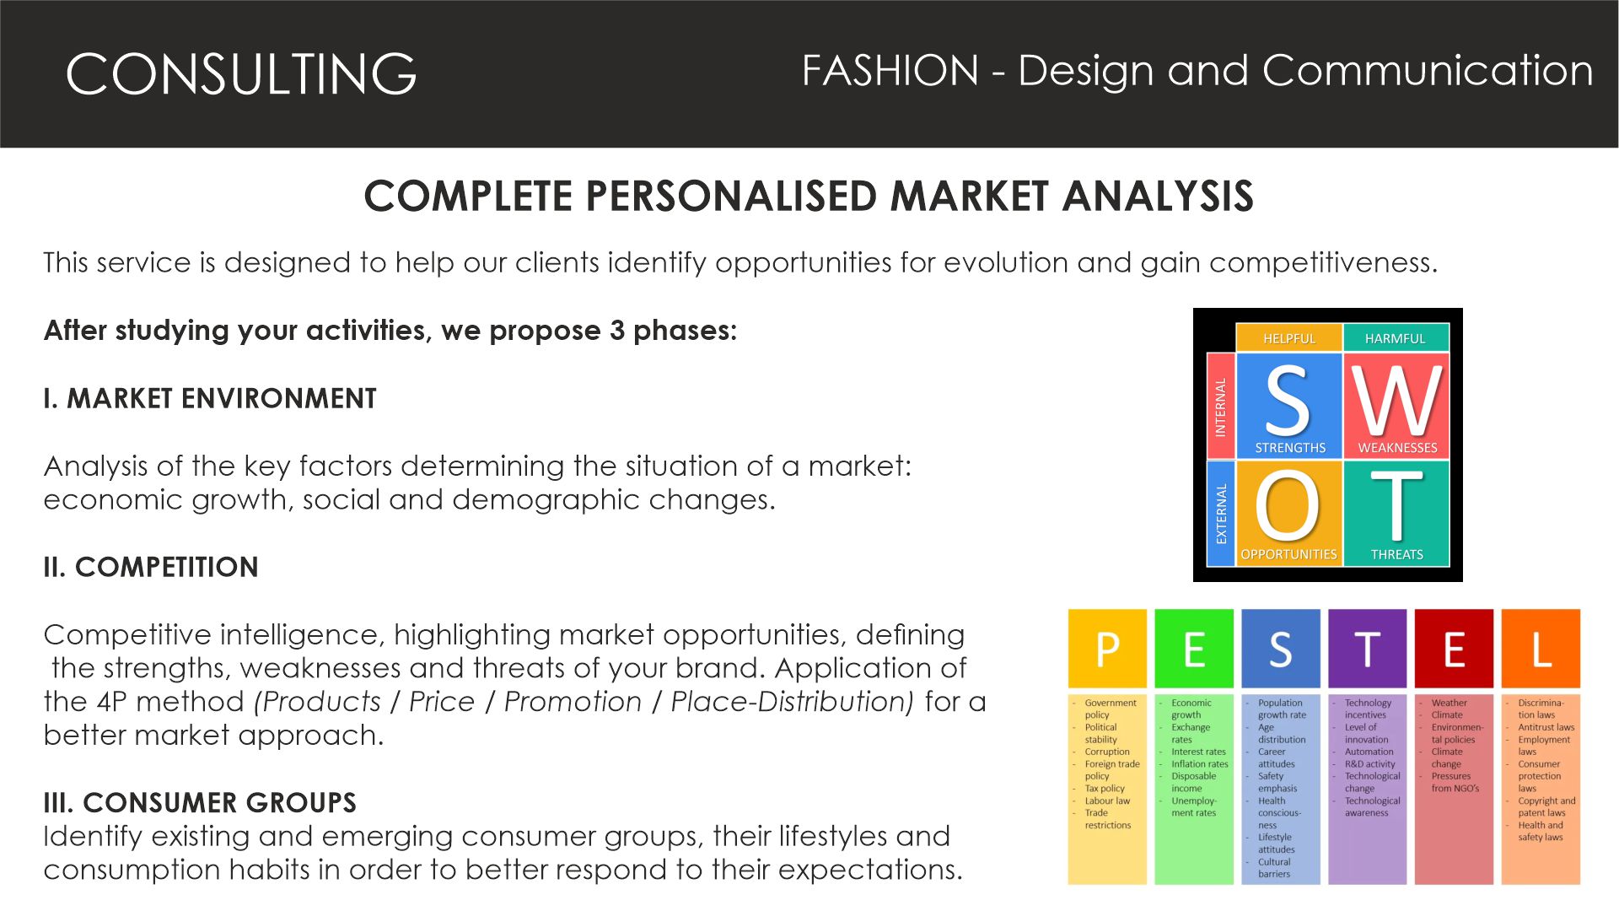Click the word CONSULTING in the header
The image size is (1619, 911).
241,73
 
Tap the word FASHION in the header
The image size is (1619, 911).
890,70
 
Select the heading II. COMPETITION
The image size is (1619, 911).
151,567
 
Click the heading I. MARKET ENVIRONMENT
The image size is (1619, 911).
210,398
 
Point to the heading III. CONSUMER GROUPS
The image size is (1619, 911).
200,802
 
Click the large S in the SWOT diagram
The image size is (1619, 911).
1288,400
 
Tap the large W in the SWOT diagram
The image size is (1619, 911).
1397,400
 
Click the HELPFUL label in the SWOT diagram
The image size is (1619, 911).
1288,338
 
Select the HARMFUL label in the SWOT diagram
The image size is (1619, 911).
1395,338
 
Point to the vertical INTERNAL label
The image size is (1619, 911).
1220,407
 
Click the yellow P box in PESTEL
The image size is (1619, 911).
1107,649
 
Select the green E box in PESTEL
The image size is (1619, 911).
1194,649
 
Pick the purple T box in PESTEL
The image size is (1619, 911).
1367,649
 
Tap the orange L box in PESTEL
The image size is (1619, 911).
1541,649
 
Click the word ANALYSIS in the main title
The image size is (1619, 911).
1158,196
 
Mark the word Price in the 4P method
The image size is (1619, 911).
442,702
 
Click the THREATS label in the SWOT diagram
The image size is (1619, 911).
1396,554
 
